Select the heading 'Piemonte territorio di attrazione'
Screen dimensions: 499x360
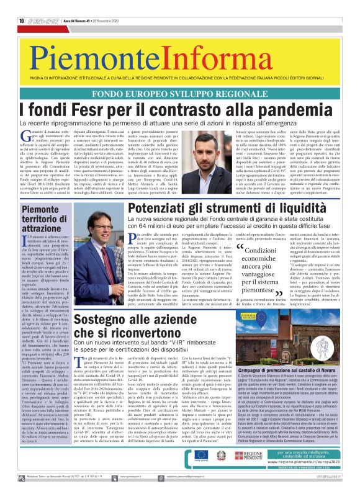point(40,219)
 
